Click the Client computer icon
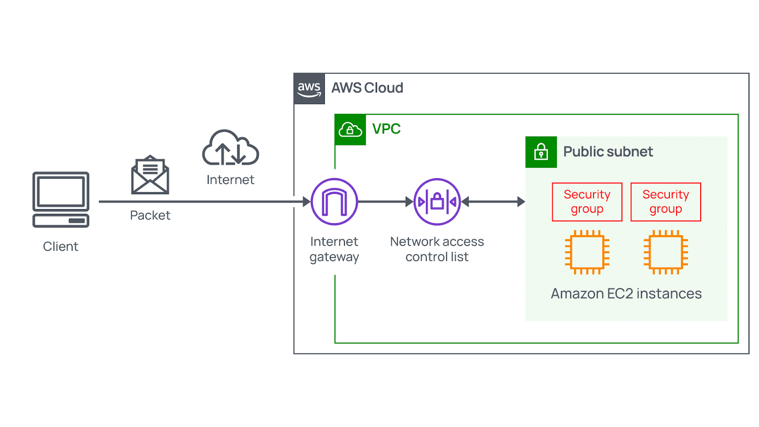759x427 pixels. (x=61, y=200)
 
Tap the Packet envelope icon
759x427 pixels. (x=150, y=175)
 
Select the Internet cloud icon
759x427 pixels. (x=231, y=148)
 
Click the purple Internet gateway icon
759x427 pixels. (x=334, y=201)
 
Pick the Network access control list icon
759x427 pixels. (x=437, y=201)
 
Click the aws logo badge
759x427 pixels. (x=309, y=89)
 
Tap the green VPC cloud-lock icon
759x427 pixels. (x=350, y=129)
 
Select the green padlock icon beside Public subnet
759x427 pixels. (x=541, y=152)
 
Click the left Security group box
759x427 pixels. (x=587, y=202)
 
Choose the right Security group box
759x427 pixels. (x=666, y=202)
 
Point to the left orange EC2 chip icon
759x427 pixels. (x=587, y=252)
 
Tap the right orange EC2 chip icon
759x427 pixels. (x=666, y=252)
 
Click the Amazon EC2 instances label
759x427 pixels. (x=626, y=294)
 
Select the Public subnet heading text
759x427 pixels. (x=608, y=152)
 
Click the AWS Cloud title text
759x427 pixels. (x=367, y=88)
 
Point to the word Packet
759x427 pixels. (x=150, y=215)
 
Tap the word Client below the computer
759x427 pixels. (x=61, y=246)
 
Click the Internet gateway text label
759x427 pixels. (x=334, y=249)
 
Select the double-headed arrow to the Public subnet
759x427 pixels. (x=493, y=202)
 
